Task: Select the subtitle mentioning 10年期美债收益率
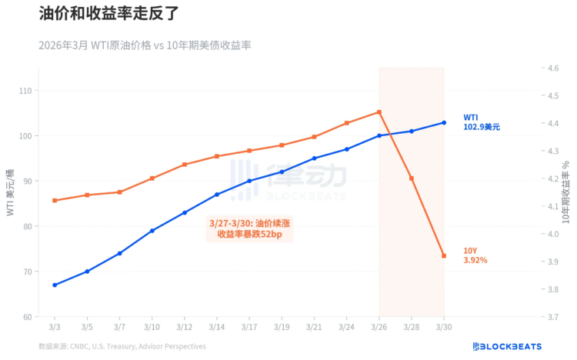145,45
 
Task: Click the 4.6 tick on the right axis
552,68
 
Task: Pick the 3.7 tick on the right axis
552,316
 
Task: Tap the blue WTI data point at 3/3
55,285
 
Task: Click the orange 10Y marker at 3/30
444,255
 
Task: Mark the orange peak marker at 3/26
379,112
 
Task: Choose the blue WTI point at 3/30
444,122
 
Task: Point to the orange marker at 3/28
412,178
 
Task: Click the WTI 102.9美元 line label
481,122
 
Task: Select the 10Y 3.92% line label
475,255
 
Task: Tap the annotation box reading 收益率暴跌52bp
249,228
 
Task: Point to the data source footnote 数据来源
122,346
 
